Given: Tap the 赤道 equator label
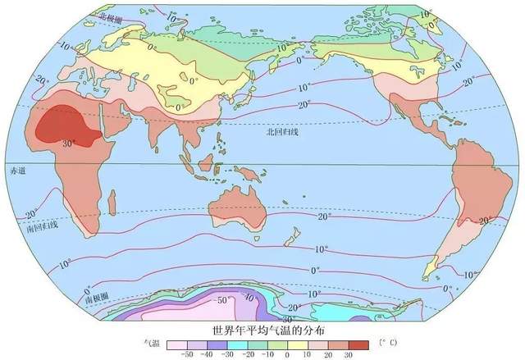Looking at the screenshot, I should pyautogui.click(x=17, y=171).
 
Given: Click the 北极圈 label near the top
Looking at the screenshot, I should pyautogui.click(x=112, y=16).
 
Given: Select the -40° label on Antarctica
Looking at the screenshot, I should pyautogui.click(x=249, y=298).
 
